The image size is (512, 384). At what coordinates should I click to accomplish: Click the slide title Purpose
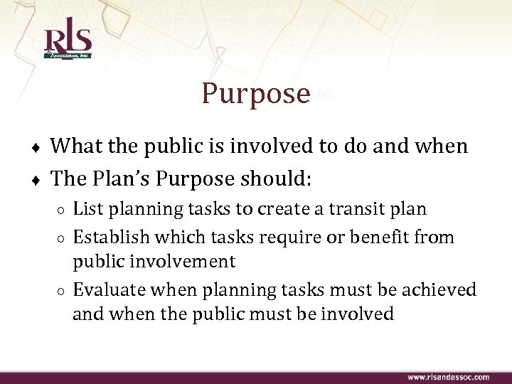tap(256, 93)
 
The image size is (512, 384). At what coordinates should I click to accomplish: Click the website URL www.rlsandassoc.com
tap(447, 377)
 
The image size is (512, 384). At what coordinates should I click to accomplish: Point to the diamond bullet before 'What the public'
tap(36, 148)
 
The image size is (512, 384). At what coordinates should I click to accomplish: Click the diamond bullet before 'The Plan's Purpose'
tap(36, 179)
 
